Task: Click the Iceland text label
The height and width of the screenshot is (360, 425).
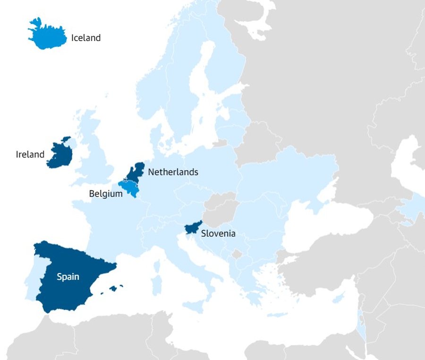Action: tap(86, 38)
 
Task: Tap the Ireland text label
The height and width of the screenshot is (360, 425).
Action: tap(30, 154)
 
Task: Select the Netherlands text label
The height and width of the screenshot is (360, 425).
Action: tap(173, 172)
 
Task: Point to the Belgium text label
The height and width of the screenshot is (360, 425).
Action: tap(106, 194)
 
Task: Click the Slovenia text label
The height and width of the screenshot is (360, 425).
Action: tap(218, 233)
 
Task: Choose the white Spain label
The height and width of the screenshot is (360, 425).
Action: tap(68, 277)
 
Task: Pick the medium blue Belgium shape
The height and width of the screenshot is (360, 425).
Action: tap(128, 188)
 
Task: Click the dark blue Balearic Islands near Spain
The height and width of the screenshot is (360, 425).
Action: tap(114, 288)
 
